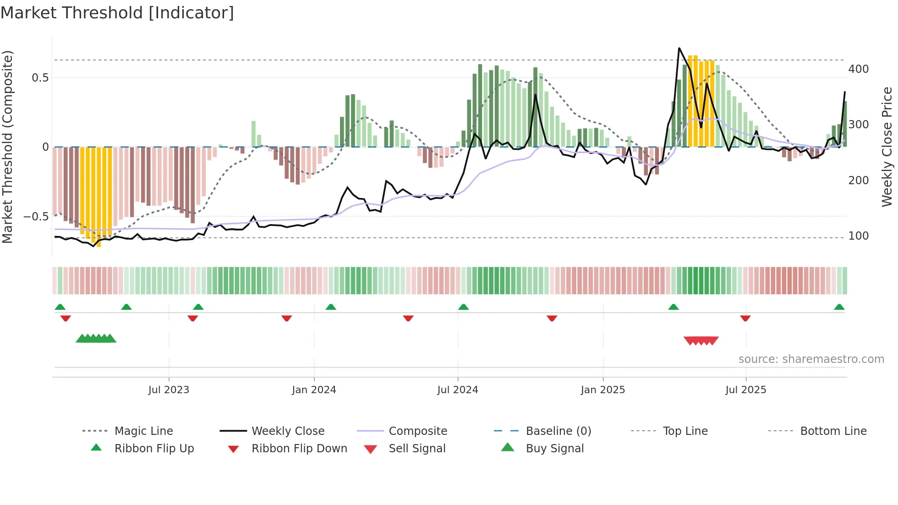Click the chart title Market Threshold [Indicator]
point(117,13)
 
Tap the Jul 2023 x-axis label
point(169,390)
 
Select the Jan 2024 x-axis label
point(314,390)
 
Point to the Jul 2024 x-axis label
point(458,390)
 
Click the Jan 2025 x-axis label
point(602,390)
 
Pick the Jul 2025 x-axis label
point(745,390)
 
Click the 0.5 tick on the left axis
point(40,78)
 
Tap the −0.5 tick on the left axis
point(36,217)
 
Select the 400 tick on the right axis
point(858,69)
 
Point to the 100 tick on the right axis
point(858,236)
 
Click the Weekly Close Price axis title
point(887,147)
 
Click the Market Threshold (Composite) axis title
point(7,147)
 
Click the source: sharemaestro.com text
point(811,359)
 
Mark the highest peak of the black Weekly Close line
point(679,48)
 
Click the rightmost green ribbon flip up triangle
point(839,307)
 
